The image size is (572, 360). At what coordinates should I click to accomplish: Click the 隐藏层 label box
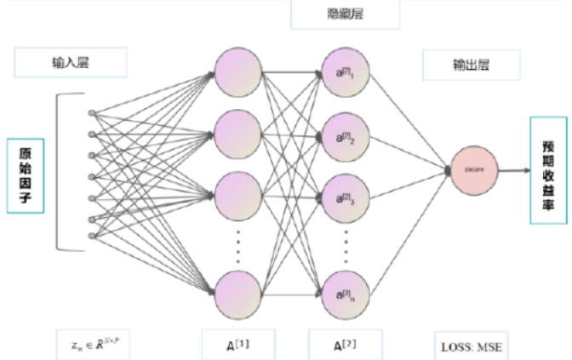[333, 14]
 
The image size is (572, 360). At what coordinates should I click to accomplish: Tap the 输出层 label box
[460, 64]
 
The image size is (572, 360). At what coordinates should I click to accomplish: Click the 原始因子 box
[26, 176]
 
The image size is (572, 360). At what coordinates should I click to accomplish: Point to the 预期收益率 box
[547, 171]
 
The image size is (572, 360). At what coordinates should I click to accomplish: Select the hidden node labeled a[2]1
[346, 76]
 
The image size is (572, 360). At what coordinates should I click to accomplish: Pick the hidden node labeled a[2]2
[346, 136]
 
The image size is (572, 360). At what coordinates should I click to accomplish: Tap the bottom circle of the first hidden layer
[238, 294]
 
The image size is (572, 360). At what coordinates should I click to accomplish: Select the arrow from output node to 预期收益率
[512, 170]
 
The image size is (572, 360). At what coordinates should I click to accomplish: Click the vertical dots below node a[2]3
[346, 244]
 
